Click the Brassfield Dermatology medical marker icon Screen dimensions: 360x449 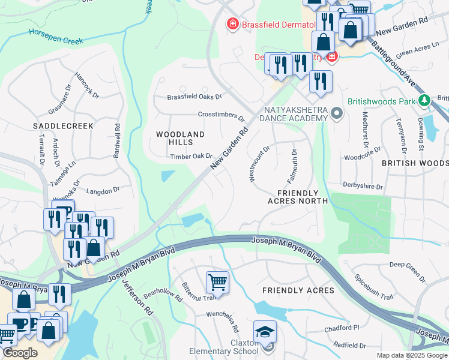[x=231, y=24]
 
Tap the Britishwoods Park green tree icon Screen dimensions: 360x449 [x=424, y=101]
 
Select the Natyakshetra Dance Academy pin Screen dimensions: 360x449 [x=337, y=112]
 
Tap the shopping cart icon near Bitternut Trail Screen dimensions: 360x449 [x=217, y=283]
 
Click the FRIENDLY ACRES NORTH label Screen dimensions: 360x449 [x=297, y=197]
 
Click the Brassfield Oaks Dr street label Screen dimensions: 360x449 [x=194, y=97]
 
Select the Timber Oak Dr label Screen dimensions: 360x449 [x=191, y=157]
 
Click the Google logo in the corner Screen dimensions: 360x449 [x=20, y=353]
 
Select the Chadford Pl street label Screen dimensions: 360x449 [x=341, y=328]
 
